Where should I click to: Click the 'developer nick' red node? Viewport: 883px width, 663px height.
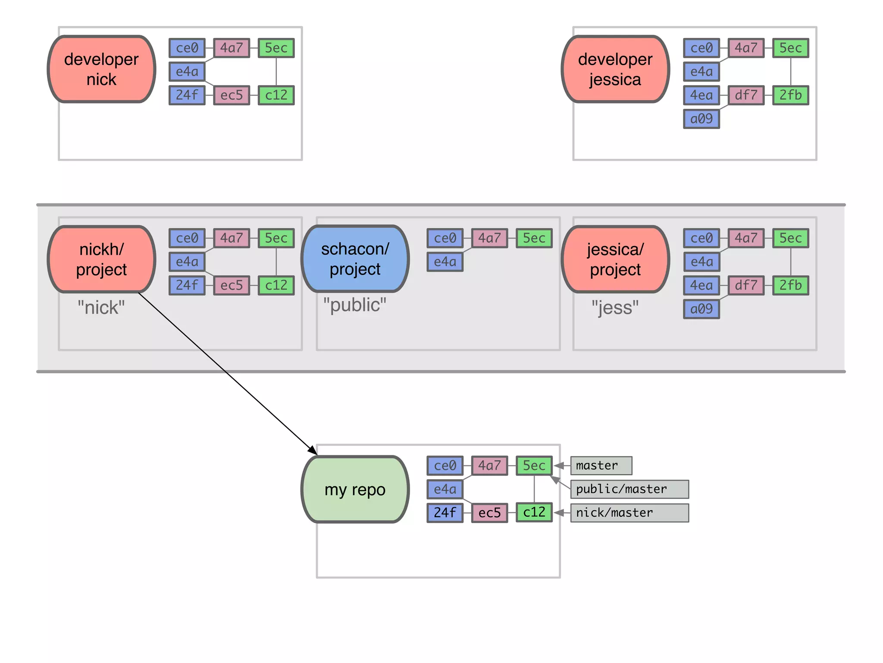[x=101, y=69]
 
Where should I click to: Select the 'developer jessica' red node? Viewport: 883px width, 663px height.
[x=615, y=69]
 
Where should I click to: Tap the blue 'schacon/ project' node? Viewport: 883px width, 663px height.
[x=355, y=259]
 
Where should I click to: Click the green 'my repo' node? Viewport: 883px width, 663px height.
[x=355, y=489]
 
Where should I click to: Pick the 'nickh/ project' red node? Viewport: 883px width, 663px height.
[x=101, y=259]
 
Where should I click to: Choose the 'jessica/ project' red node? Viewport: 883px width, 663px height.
[x=615, y=259]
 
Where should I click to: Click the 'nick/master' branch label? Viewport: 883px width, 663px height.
[x=629, y=513]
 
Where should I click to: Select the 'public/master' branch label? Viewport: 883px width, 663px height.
[x=629, y=489]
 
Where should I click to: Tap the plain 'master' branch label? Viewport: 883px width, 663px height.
[x=601, y=465]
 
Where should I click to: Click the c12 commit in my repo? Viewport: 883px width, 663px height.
[x=534, y=512]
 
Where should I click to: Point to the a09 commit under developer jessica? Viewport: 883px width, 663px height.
[x=701, y=119]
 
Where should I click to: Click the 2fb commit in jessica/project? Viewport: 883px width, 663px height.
[x=790, y=285]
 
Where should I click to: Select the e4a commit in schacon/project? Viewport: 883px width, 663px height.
[x=445, y=262]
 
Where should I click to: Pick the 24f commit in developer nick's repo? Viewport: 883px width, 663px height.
[x=187, y=95]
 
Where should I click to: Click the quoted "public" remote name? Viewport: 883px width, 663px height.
[x=355, y=305]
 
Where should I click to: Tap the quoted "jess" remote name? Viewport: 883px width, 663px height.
[x=615, y=308]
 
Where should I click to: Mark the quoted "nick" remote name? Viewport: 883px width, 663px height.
[x=101, y=308]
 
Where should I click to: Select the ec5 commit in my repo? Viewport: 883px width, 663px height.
[x=489, y=513]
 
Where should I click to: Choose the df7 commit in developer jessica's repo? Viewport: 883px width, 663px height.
[x=746, y=95]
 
